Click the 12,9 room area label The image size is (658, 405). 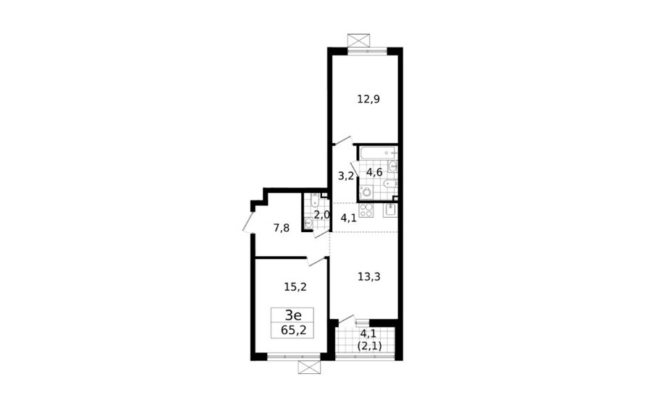pyautogui.click(x=368, y=100)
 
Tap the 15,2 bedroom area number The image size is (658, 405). pyautogui.click(x=295, y=287)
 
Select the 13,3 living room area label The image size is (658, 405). pyautogui.click(x=369, y=277)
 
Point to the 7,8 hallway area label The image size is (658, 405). pyautogui.click(x=281, y=229)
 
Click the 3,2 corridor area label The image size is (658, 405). pyautogui.click(x=346, y=176)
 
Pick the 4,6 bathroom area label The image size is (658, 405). pyautogui.click(x=374, y=172)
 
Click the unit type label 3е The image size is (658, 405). pyautogui.click(x=293, y=315)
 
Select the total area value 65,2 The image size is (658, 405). pyautogui.click(x=294, y=330)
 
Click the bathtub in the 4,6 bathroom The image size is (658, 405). pyautogui.click(x=378, y=153)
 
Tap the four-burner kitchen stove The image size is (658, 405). pyautogui.click(x=366, y=210)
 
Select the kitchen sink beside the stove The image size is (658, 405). pyautogui.click(x=390, y=210)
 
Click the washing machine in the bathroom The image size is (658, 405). pyautogui.click(x=367, y=192)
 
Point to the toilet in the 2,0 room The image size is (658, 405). pyautogui.click(x=313, y=202)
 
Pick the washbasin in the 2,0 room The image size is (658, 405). pyautogui.click(x=309, y=224)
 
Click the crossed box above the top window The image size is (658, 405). pyautogui.click(x=360, y=40)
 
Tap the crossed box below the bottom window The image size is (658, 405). pyautogui.click(x=309, y=367)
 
